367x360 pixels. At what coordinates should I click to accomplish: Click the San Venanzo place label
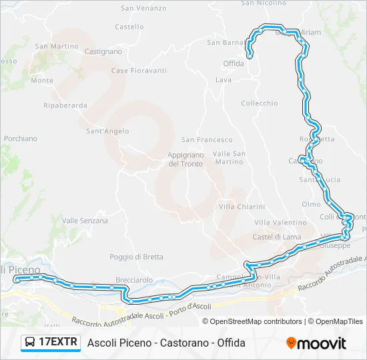click(143, 8)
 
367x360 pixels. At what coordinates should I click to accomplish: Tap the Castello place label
click(129, 27)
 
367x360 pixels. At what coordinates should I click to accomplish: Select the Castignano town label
click(103, 51)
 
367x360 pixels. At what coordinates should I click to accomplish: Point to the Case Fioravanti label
click(139, 71)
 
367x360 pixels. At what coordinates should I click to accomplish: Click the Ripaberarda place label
click(65, 105)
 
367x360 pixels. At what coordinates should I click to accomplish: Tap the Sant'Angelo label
click(107, 131)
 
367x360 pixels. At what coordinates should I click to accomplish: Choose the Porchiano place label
click(21, 139)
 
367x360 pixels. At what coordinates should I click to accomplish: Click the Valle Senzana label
click(85, 221)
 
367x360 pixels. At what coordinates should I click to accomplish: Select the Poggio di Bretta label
click(136, 257)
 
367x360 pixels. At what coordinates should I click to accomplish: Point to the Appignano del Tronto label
click(185, 159)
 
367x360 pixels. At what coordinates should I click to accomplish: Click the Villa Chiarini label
click(242, 207)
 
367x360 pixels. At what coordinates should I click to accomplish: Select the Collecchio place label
click(259, 103)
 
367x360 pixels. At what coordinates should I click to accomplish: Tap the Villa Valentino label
click(280, 222)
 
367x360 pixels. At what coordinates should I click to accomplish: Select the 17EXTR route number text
click(58, 343)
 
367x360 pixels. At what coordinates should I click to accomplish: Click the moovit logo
click(316, 343)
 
